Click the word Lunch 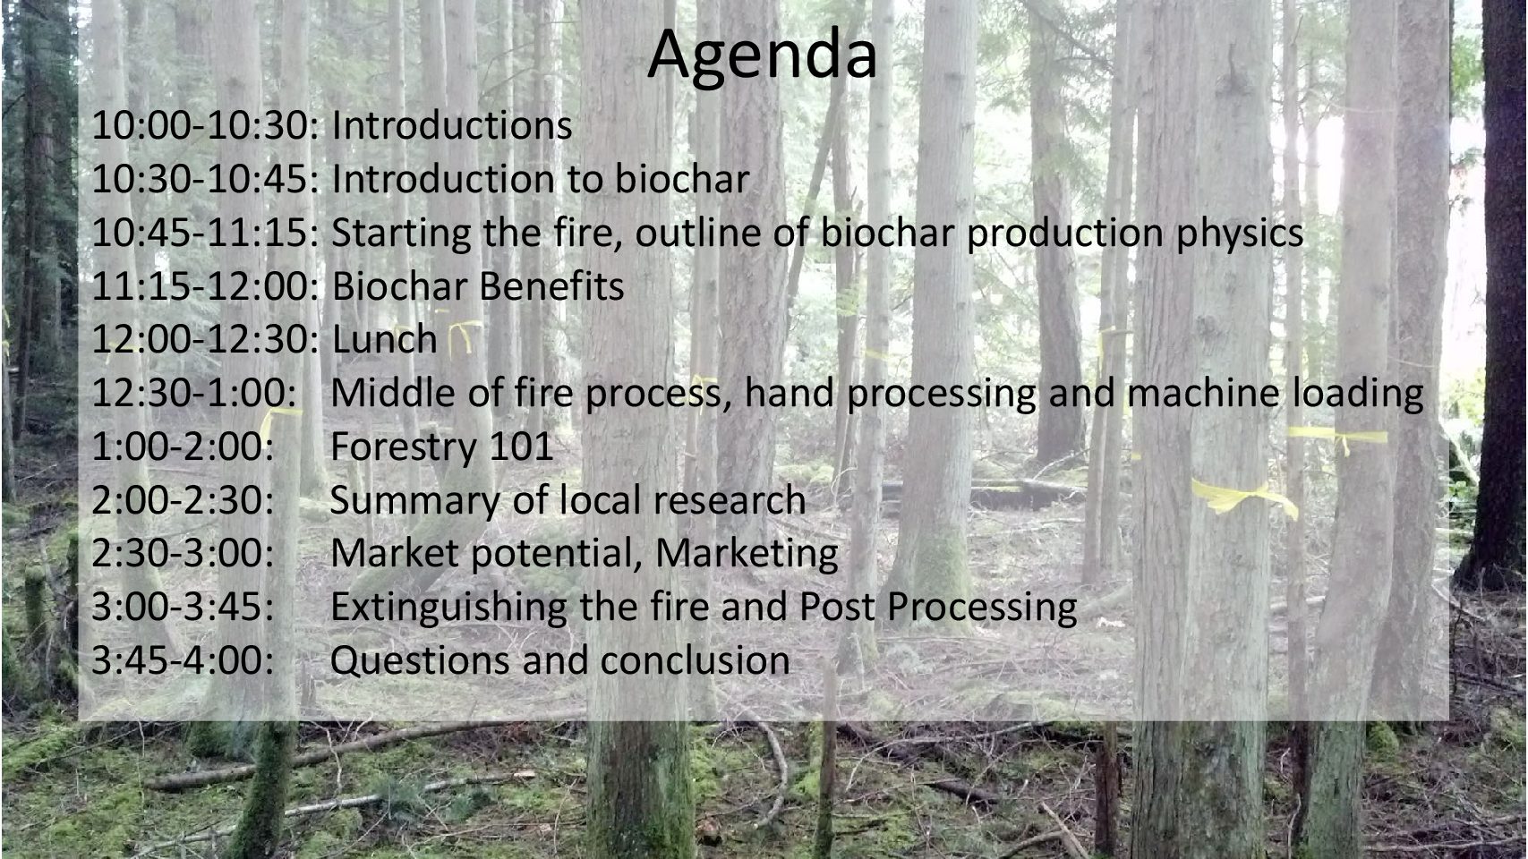(384, 339)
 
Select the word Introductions (451, 125)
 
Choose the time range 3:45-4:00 (182, 660)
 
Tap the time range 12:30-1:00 (193, 393)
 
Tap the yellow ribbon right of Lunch (463, 337)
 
